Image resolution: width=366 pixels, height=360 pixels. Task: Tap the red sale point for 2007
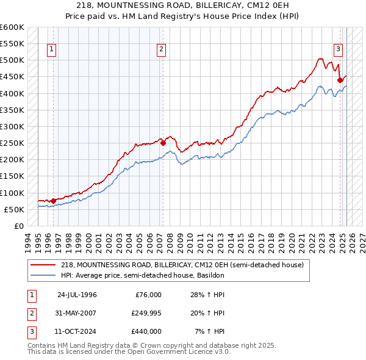pyautogui.click(x=163, y=143)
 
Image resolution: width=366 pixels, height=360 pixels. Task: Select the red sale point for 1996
pyautogui.click(x=53, y=200)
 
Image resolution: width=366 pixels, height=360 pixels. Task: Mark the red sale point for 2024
pyautogui.click(x=340, y=80)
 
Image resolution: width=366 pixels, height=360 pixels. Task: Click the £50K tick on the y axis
pyautogui.click(x=14, y=209)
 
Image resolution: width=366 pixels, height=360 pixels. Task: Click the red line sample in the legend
pyautogui.click(x=43, y=264)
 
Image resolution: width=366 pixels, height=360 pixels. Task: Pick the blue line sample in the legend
pyautogui.click(x=43, y=275)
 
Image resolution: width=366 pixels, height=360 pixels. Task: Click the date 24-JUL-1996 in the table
pyautogui.click(x=77, y=295)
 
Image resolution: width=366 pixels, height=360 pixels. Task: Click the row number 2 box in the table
pyautogui.click(x=30, y=313)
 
